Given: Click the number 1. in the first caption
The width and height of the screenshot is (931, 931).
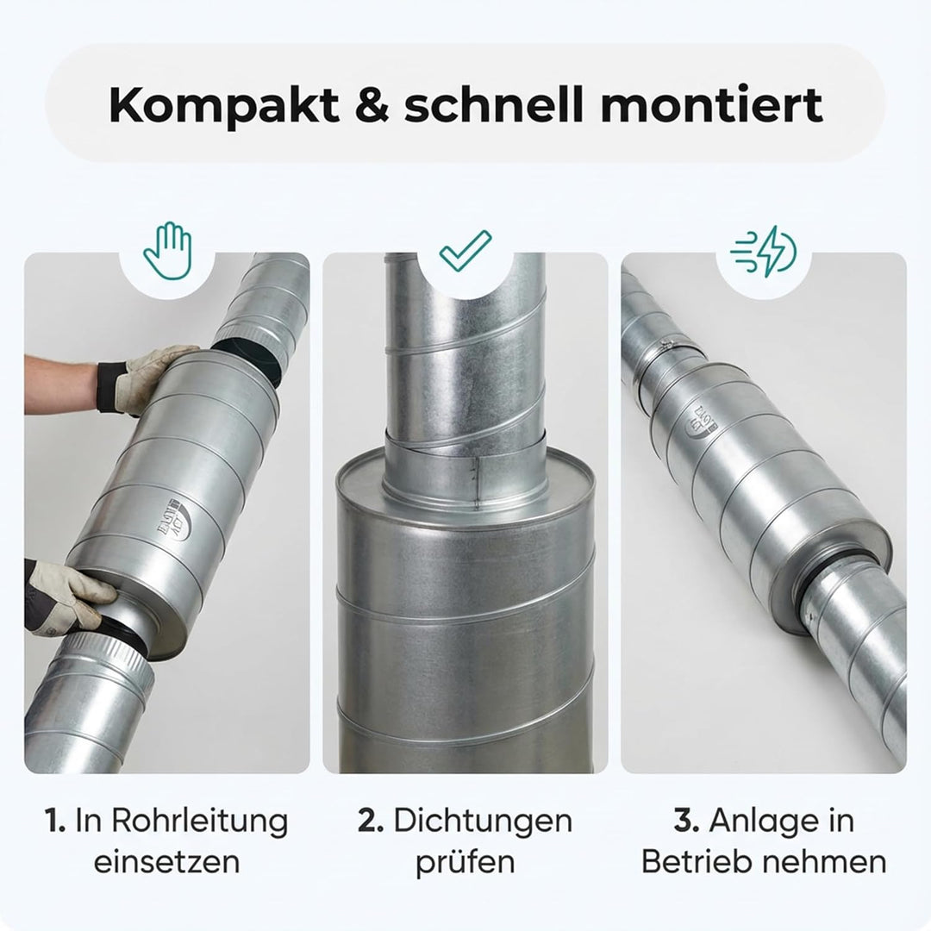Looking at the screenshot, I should tap(54, 821).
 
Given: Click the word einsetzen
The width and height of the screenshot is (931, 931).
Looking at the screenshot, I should tap(166, 862).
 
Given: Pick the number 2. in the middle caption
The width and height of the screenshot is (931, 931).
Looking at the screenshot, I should tap(371, 821).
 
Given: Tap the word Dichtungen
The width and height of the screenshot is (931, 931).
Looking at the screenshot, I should tap(483, 821).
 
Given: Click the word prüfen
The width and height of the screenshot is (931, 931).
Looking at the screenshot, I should tap(465, 862).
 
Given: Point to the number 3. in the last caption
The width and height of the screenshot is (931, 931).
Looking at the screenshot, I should tap(686, 821).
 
